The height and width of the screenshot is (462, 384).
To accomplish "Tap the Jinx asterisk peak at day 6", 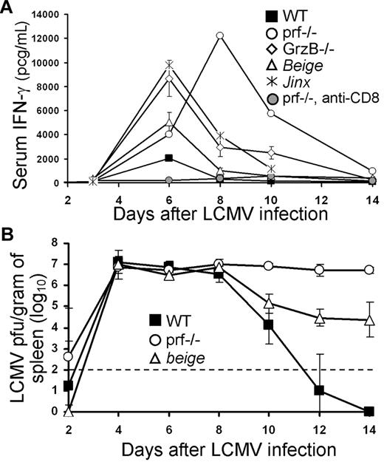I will [x=169, y=65].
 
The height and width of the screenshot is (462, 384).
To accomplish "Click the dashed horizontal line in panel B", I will [x=222, y=370].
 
